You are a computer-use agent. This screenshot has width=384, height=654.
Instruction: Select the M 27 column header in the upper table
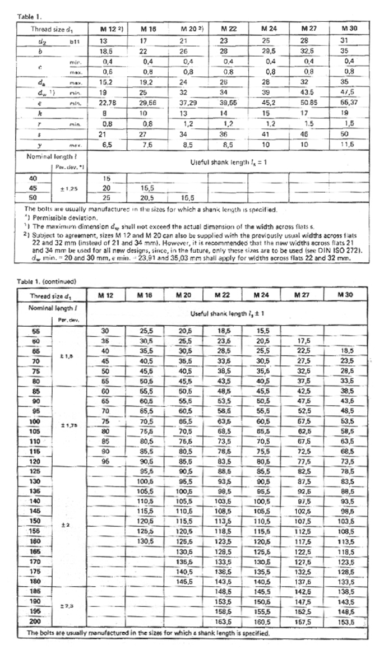click(x=309, y=27)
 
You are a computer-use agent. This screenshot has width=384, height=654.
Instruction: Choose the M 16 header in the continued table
click(x=147, y=294)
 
